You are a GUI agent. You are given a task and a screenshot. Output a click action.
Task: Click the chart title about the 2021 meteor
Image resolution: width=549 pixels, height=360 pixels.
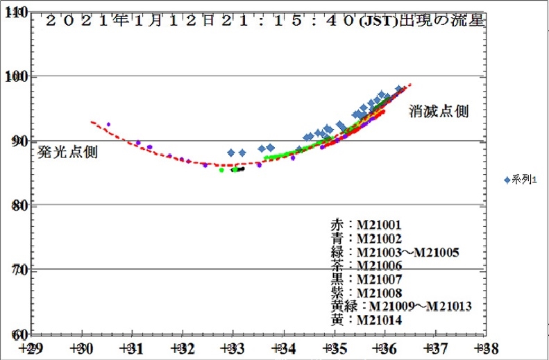tap(264, 20)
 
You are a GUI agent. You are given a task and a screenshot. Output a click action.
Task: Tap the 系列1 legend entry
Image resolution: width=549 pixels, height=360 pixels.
tap(520, 180)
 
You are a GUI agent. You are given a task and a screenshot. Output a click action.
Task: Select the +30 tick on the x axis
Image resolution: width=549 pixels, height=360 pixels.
tap(81, 347)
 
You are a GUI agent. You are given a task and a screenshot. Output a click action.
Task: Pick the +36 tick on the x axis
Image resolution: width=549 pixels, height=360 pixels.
tap(384, 347)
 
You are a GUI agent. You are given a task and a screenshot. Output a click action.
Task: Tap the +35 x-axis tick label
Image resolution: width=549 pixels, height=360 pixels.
tap(334, 347)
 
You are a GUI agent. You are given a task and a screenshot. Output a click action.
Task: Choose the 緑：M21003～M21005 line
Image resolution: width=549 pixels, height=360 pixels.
tap(394, 252)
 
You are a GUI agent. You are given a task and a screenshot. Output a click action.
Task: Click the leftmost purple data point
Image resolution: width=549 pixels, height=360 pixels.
tap(108, 124)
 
